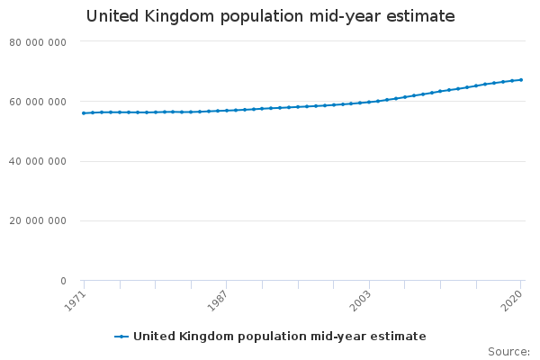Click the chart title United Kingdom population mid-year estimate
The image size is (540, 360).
270,16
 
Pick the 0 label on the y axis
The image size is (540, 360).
63,282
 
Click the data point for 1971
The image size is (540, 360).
84,113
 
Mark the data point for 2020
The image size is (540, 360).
521,80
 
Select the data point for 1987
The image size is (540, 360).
227,111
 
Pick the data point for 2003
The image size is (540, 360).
369,102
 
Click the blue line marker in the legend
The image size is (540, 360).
122,337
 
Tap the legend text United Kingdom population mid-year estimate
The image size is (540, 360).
279,337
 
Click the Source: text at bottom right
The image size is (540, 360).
508,351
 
